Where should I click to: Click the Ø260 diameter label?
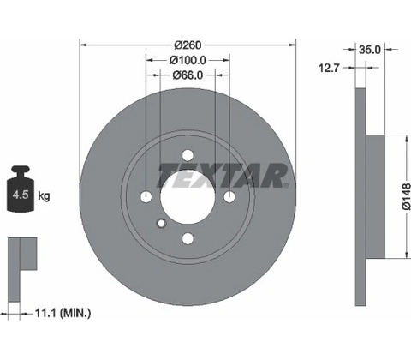[188, 45]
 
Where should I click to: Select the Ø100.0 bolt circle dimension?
[188, 60]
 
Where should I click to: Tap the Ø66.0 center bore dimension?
[188, 75]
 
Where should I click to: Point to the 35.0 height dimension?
[370, 50]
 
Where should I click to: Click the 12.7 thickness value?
[329, 68]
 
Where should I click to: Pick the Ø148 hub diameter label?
[406, 196]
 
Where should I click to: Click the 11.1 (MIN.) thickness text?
[63, 314]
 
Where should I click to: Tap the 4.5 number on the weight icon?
[21, 195]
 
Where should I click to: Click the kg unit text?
[44, 196]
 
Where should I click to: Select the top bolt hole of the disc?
[188, 155]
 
